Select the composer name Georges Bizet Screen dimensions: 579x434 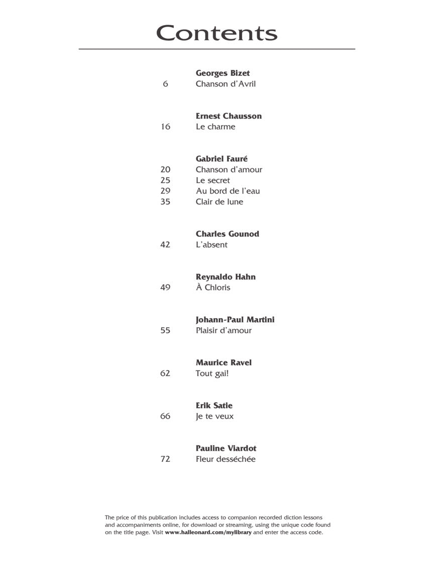pos(223,73)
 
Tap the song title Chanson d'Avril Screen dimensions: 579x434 pos(226,84)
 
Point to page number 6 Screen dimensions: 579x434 pos(165,84)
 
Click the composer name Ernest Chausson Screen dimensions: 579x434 pos(229,116)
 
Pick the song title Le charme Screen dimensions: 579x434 pos(215,127)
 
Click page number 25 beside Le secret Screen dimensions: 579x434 pos(165,180)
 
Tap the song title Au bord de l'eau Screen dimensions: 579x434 pos(228,191)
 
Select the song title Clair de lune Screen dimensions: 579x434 pos(220,202)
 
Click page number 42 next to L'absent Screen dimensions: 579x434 pos(165,245)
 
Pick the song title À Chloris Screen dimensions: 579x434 pos(213,287)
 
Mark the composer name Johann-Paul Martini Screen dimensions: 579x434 pos(235,320)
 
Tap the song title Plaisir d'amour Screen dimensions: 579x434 pos(224,330)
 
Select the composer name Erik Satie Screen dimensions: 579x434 pos(214,406)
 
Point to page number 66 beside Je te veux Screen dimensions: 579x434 pos(165,416)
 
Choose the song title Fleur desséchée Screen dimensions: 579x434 pos(226,459)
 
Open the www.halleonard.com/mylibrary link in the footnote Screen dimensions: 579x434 pos(208,532)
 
